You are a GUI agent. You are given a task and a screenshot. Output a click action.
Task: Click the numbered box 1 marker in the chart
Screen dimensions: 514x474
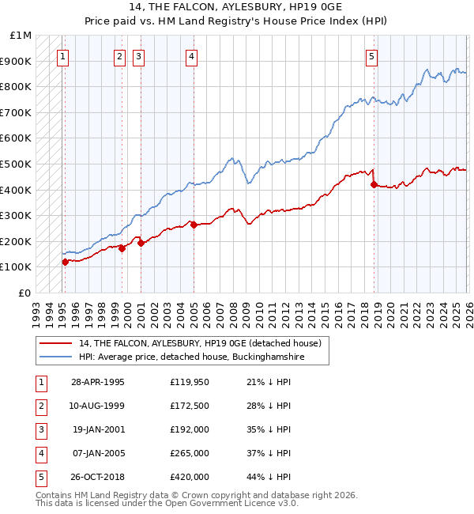[62, 56]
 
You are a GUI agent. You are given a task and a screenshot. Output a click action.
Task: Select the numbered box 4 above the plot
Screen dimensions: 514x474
[192, 56]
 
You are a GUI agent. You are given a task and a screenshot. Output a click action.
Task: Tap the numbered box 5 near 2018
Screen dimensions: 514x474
[371, 56]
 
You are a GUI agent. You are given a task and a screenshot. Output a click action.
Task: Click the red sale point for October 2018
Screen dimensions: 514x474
[374, 185]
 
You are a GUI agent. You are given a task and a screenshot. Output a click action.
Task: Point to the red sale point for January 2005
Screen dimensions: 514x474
[194, 225]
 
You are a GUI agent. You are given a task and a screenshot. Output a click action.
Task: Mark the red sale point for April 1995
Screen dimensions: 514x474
[65, 262]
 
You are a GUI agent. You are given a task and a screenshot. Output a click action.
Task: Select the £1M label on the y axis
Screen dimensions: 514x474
[21, 36]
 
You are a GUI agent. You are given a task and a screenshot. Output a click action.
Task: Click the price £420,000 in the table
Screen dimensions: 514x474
[189, 478]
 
